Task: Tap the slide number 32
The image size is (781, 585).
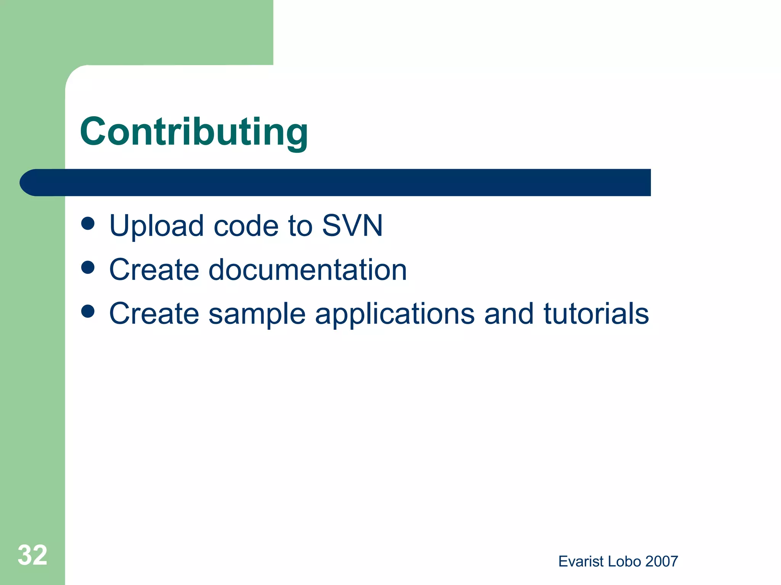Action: point(32,555)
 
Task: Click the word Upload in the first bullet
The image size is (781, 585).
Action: point(156,226)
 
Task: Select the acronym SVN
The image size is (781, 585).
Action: point(352,225)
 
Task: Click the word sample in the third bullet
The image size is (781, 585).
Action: point(257,314)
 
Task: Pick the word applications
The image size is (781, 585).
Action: point(395,314)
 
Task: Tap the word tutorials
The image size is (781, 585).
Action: point(596,313)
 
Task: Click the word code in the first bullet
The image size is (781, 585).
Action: point(246,226)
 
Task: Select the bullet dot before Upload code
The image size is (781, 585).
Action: point(88,224)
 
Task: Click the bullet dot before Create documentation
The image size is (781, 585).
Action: point(88,267)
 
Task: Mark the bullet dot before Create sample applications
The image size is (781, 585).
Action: point(88,311)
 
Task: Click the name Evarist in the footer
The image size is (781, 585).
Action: point(581,561)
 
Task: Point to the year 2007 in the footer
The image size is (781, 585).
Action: point(662,561)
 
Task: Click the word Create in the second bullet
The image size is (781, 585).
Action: point(154,270)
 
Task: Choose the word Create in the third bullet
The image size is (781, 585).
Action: point(154,313)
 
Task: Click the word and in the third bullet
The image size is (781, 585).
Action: point(509,313)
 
